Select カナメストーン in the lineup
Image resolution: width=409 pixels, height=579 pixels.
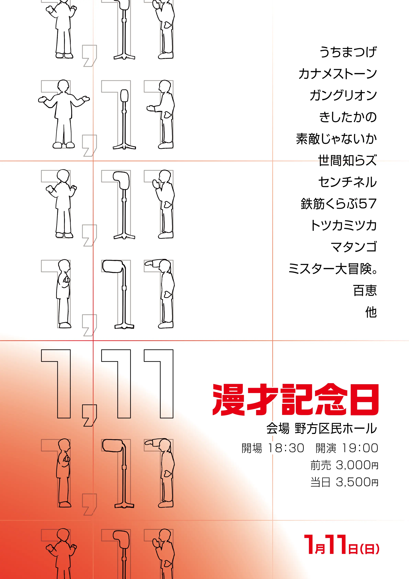[338, 74]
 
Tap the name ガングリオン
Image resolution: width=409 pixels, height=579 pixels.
[343, 95]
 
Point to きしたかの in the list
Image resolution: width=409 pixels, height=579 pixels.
[348, 117]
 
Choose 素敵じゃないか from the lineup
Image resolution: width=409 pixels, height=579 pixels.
[337, 139]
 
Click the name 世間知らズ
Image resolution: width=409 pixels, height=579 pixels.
[348, 160]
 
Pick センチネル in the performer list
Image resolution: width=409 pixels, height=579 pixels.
[348, 182]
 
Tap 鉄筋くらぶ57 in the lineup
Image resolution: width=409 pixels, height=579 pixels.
[339, 204]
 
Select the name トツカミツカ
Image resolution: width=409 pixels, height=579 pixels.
[344, 225]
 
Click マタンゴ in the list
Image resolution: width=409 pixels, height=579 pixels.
[354, 247]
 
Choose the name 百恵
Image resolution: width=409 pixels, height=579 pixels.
[365, 291]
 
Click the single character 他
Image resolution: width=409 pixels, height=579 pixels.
[371, 312]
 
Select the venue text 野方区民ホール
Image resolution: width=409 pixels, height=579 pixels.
[336, 429]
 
